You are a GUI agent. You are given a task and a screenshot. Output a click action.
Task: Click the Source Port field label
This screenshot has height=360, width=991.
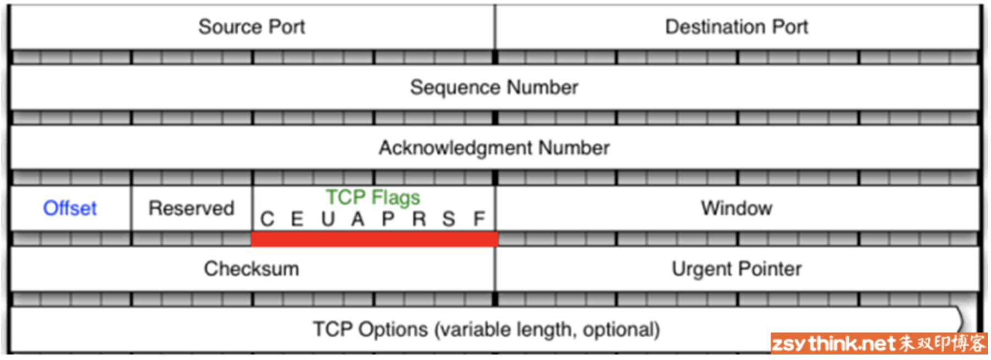pos(252,26)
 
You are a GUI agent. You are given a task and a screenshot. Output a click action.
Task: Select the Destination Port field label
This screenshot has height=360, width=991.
pos(736,26)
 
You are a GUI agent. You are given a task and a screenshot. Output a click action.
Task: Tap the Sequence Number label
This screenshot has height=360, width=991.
pos(494,87)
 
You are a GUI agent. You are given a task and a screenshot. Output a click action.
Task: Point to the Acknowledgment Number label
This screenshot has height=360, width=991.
pos(494,148)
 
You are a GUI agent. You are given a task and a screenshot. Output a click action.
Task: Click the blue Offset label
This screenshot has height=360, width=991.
pos(70,208)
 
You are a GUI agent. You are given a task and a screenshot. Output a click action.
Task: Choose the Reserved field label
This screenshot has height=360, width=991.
pos(191,208)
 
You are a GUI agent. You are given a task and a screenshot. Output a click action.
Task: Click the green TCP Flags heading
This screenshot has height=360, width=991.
pos(373,197)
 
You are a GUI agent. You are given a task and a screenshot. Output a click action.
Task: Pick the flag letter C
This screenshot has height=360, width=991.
pos(267,219)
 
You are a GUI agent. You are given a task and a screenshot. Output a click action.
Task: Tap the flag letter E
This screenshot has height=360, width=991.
pos(297,219)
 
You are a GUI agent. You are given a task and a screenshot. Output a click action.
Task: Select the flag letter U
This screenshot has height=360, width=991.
pos(328,219)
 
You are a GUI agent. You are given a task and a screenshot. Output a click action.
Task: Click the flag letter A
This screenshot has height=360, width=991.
pos(358,219)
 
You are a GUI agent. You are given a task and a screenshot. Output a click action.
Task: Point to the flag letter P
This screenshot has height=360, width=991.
pos(388,219)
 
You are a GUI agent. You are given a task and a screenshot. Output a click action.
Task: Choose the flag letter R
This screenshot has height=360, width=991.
pos(419,219)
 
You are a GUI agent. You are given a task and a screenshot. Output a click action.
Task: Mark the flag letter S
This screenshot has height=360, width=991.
pos(449,219)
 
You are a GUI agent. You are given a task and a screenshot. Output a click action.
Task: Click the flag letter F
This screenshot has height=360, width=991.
pos(479,219)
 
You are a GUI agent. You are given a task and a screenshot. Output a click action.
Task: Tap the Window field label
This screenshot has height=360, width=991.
pos(736,208)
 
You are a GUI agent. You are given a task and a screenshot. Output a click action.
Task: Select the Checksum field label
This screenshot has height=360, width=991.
pos(252,269)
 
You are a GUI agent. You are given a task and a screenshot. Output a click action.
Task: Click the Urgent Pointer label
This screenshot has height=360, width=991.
pos(736,269)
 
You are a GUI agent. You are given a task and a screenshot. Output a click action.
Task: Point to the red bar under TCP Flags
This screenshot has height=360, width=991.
pos(374,238)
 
